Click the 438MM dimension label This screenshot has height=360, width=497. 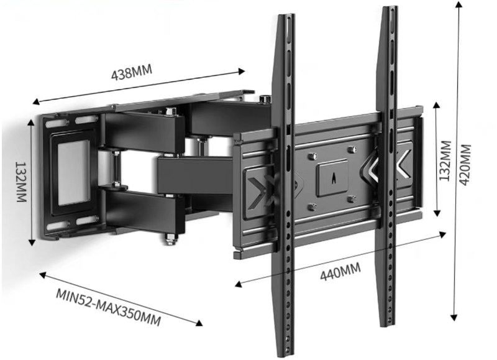tap(132, 72)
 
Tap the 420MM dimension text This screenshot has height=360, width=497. tap(465, 165)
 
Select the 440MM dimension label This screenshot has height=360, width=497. tap(340, 272)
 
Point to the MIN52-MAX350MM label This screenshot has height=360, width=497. tap(108, 307)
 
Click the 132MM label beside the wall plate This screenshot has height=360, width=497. tap(21, 182)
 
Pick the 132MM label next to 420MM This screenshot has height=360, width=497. tap(445, 161)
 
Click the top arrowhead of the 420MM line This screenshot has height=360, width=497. tap(458, 5)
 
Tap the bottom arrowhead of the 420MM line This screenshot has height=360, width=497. tap(454, 317)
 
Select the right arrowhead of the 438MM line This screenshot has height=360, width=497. tap(242, 71)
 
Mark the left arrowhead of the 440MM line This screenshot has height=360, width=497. tap(239, 284)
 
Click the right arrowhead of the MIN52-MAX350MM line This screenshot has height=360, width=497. tap(199, 323)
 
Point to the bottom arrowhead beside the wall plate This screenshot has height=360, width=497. tap(32, 242)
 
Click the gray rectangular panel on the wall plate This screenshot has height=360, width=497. tap(73, 173)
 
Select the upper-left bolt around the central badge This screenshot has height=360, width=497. tap(312, 156)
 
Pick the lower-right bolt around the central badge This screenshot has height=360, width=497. tap(352, 200)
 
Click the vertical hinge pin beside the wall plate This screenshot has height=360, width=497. tap(116, 169)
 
